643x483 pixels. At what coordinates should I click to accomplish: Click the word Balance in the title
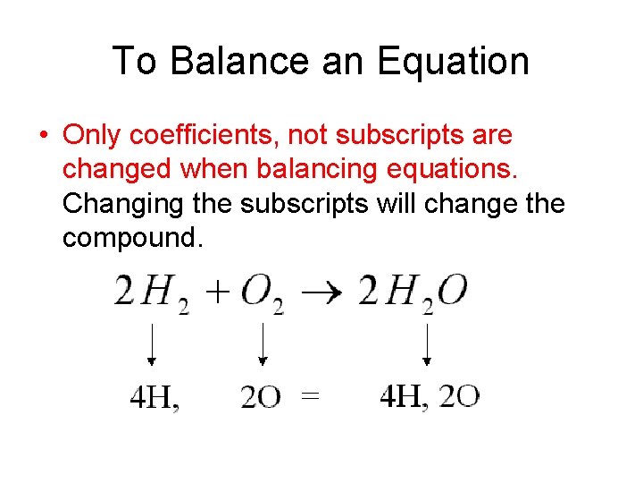(228, 62)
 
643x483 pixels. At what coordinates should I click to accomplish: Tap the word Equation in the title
(453, 62)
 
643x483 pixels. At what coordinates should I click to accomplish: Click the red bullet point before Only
(42, 136)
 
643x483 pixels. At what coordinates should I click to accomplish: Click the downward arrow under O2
(263, 343)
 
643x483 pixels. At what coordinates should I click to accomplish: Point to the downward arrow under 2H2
(152, 343)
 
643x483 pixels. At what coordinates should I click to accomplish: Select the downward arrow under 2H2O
(427, 343)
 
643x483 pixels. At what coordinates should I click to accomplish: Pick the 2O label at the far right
(461, 396)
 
